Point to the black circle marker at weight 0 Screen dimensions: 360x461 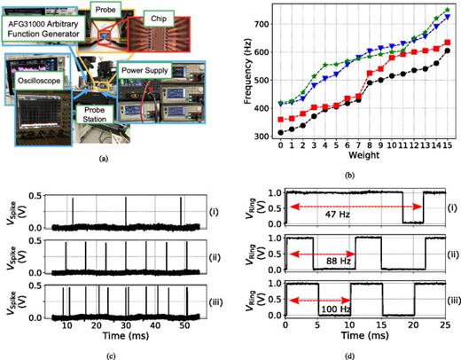(281, 132)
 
